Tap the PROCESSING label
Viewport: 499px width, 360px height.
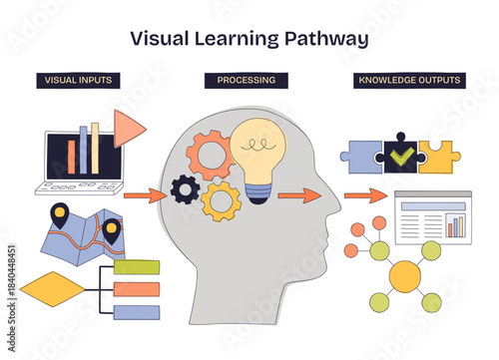(x=247, y=81)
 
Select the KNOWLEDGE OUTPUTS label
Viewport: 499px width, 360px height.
(x=408, y=81)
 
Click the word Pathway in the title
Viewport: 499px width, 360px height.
(x=327, y=40)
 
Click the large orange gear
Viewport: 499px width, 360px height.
(x=210, y=157)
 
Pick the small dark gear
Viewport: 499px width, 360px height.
(x=185, y=188)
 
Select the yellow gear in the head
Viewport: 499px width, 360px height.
(x=221, y=199)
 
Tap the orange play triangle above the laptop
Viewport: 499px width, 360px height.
(x=127, y=128)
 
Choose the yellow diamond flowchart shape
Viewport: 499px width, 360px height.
(x=53, y=289)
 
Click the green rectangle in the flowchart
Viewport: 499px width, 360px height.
(x=137, y=266)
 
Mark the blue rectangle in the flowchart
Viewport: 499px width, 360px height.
(x=137, y=312)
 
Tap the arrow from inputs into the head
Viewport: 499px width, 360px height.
(x=147, y=195)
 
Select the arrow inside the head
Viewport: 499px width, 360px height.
(x=297, y=195)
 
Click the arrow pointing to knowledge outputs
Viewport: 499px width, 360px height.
(x=363, y=195)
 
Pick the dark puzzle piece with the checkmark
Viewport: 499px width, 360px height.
(x=401, y=153)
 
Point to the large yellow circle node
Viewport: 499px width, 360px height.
(x=404, y=275)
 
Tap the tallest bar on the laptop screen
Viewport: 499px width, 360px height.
(x=95, y=147)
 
